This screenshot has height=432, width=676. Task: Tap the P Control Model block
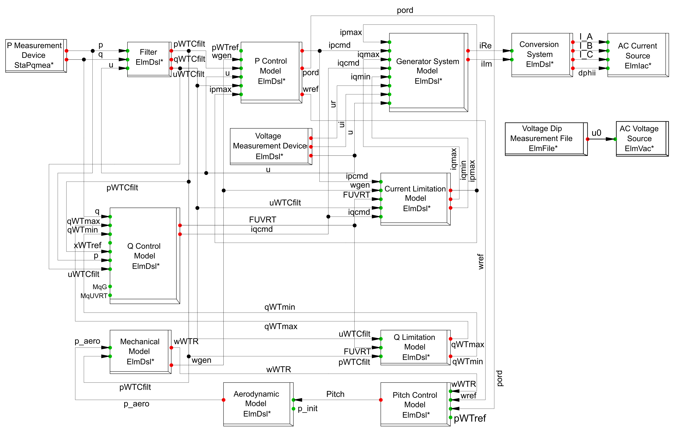tap(271, 71)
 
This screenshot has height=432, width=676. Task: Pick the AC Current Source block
tap(637, 55)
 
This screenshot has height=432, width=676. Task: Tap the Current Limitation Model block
tap(415, 198)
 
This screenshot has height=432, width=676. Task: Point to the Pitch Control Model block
tap(415, 404)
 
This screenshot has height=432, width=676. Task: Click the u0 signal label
tap(596, 133)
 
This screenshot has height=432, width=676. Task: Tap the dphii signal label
tap(587, 73)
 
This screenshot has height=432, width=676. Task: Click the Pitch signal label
tap(335, 394)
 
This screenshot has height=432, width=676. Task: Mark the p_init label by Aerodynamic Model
tap(308, 408)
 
